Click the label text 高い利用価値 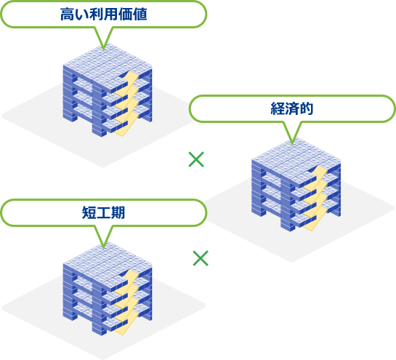tap(104, 14)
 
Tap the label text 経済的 tap(292, 108)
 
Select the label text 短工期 tap(104, 212)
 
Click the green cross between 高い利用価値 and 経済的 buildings tap(196, 159)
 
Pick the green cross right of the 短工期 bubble tap(201, 258)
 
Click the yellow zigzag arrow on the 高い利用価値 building tap(126, 104)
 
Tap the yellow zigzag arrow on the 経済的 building tap(315, 199)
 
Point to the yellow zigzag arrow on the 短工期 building tap(126, 302)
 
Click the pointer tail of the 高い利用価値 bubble tap(103, 38)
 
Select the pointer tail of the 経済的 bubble tap(292, 132)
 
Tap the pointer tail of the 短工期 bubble tap(103, 236)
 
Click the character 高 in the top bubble tap(67, 14)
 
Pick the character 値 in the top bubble tap(140, 14)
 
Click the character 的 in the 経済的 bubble tap(307, 108)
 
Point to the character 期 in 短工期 tap(118, 212)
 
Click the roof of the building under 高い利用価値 tap(108, 65)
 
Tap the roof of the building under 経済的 tap(296, 159)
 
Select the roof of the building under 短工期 tap(108, 263)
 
